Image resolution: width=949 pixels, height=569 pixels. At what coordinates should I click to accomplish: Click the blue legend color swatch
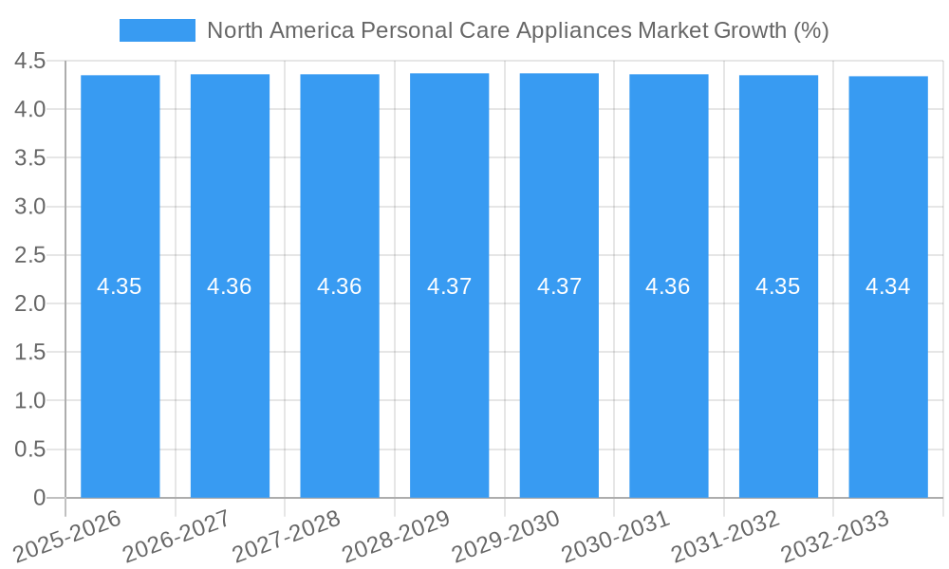click(x=157, y=30)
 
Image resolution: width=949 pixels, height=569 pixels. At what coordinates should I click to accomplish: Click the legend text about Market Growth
click(x=517, y=30)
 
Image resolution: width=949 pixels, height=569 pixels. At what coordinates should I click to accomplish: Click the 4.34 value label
click(x=888, y=286)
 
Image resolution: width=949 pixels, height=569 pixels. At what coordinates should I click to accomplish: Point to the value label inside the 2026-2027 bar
click(x=230, y=286)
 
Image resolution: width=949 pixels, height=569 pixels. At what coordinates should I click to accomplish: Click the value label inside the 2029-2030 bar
click(x=559, y=286)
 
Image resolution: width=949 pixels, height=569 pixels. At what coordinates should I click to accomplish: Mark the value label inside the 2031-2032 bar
click(x=778, y=286)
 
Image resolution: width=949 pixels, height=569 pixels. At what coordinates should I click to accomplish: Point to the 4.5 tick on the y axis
click(x=30, y=62)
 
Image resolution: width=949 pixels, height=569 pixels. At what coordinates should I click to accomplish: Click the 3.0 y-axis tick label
click(x=30, y=207)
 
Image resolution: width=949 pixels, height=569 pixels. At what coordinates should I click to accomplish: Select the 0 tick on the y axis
click(x=39, y=498)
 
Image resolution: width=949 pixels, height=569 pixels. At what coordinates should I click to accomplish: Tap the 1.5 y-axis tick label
click(x=30, y=353)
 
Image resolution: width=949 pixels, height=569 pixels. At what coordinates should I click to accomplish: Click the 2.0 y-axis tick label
click(x=30, y=304)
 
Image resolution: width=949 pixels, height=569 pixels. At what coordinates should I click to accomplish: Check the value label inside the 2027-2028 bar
click(x=340, y=286)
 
